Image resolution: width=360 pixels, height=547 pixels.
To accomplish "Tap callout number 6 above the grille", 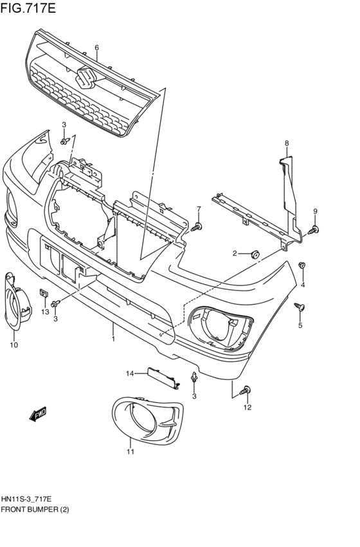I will [96, 48].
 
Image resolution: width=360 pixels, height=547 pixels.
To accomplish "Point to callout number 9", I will [315, 211].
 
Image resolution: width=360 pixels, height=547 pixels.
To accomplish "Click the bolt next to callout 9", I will [313, 229].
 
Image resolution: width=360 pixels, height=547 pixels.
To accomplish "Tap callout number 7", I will [199, 209].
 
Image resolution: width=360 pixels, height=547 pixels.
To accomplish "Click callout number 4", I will [302, 285].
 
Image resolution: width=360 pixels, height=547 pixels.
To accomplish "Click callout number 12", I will [248, 407].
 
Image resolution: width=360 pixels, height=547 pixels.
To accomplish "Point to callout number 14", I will [129, 373].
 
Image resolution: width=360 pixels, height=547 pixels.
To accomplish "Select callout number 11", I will [130, 452].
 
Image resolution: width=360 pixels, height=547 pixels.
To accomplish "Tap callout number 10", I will [14, 345].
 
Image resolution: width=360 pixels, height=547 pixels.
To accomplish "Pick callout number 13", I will [45, 312].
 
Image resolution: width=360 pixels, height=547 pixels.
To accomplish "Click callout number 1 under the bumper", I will [113, 339].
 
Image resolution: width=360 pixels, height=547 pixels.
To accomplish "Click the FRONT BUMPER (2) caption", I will [35, 509].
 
